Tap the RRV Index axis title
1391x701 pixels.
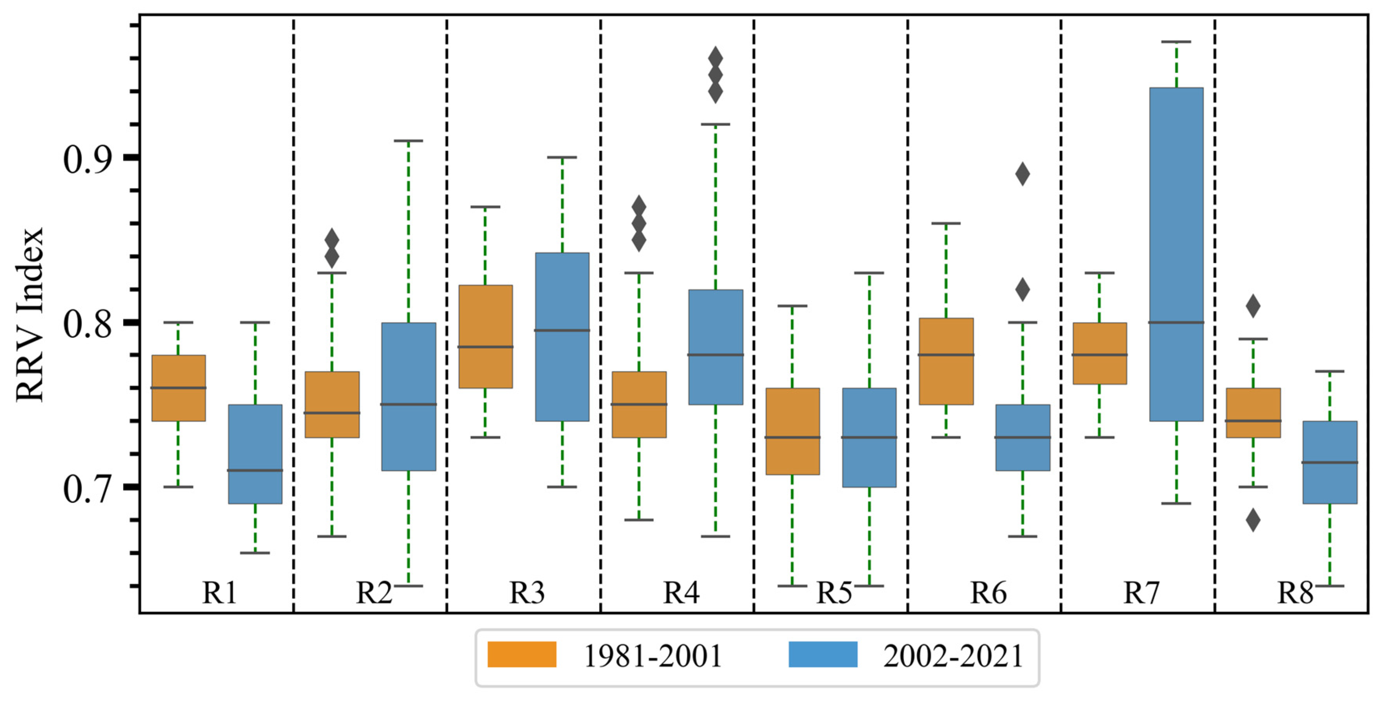click(x=29, y=315)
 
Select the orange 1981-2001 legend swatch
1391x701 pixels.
click(x=522, y=655)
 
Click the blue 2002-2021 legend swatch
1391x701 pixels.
click(x=822, y=655)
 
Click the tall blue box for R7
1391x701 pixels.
click(x=1176, y=254)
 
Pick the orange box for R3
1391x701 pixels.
click(x=485, y=336)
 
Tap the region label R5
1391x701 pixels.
click(x=834, y=593)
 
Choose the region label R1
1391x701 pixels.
click(x=219, y=593)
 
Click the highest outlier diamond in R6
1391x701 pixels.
click(x=1022, y=174)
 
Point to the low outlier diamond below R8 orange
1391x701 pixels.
click(x=1253, y=520)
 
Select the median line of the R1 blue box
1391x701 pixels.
click(x=255, y=470)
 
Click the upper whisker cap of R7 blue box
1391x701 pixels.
click(x=1176, y=42)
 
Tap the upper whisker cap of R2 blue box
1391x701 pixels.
click(x=408, y=141)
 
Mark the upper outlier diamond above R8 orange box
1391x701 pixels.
click(x=1253, y=306)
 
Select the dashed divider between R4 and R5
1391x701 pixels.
click(x=754, y=313)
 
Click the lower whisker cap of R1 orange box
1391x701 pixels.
click(x=178, y=486)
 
